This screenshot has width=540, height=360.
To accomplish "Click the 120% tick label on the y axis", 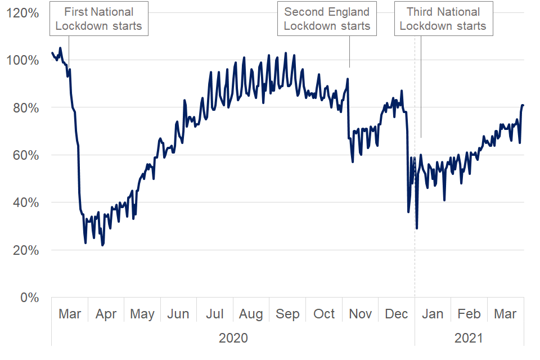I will pyautogui.click(x=23, y=12).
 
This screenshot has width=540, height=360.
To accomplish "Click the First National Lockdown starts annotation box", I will pyautogui.click(x=99, y=19).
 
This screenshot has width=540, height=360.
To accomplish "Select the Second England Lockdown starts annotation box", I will pyautogui.click(x=327, y=19).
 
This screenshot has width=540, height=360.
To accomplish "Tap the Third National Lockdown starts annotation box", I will pyautogui.click(x=443, y=19).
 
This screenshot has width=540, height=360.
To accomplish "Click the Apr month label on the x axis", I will pyautogui.click(x=106, y=314).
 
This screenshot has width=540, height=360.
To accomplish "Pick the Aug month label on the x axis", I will pyautogui.click(x=250, y=314).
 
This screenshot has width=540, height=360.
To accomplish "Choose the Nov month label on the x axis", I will pyautogui.click(x=361, y=314).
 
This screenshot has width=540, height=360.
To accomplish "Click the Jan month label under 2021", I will pyautogui.click(x=432, y=314).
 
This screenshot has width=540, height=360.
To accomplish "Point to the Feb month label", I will pyautogui.click(x=469, y=314).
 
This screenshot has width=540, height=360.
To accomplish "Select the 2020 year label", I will pyautogui.click(x=233, y=338).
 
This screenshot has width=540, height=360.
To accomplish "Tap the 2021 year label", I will pyautogui.click(x=469, y=338).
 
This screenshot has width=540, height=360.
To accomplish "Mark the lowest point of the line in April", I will pyautogui.click(x=102, y=245).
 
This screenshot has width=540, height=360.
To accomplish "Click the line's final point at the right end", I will pyautogui.click(x=523, y=105).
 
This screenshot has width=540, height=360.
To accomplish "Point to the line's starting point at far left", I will pyautogui.click(x=52, y=53).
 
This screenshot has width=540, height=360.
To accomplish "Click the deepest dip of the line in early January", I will pyautogui.click(x=417, y=228).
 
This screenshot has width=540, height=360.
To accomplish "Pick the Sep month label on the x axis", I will pyautogui.click(x=287, y=314).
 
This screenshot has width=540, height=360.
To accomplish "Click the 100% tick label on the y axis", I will pyautogui.click(x=23, y=60).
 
